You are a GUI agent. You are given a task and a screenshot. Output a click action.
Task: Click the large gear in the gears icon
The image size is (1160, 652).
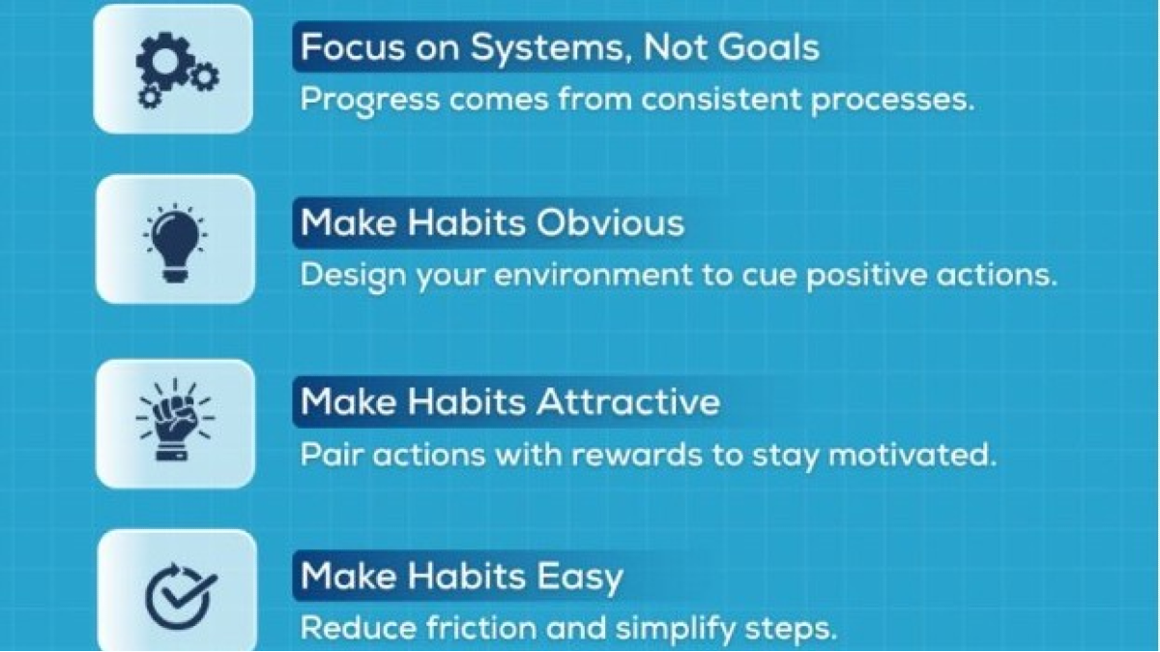164,62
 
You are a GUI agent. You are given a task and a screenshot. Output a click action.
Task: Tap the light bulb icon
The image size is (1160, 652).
175,243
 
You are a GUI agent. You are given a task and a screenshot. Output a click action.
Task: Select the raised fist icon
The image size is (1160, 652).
175,420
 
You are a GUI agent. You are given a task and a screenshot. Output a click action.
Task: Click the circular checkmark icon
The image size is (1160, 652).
181,596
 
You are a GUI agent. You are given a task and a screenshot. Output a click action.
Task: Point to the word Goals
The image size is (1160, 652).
732,47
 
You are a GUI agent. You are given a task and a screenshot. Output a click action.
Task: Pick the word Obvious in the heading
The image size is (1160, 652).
610,223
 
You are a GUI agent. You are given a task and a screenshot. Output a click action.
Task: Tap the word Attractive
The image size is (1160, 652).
628,401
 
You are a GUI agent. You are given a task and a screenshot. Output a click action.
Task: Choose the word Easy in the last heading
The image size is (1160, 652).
580,578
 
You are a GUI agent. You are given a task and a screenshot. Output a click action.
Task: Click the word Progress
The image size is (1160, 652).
370,100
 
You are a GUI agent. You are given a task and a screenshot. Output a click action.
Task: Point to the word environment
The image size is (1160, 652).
594,275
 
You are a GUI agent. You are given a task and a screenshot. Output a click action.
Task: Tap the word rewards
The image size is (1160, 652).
637,455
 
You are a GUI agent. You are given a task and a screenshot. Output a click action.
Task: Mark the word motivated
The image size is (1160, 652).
913,455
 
